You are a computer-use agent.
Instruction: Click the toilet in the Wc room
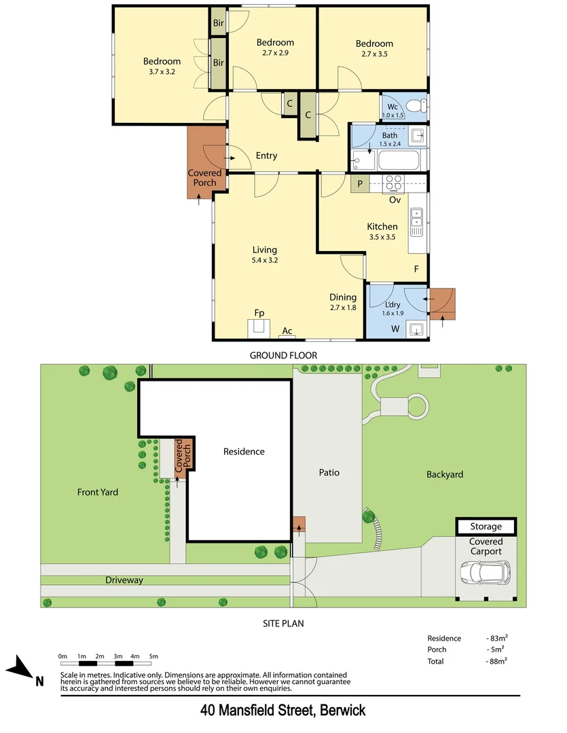pos(422,106)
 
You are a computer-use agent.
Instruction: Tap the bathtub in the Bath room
pos(399,161)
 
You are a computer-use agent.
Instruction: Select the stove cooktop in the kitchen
pos(394,182)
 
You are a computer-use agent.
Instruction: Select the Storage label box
pos(486,526)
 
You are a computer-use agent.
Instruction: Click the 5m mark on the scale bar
pos(153,656)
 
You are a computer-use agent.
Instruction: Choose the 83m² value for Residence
pos(498,639)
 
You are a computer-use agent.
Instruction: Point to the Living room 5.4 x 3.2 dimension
pos(265,259)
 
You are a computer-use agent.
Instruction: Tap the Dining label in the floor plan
pos(343,297)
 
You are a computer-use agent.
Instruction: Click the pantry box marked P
pos(359,184)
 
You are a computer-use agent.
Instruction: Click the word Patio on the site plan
pos(329,472)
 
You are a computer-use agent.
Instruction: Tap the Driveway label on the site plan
pos(124,580)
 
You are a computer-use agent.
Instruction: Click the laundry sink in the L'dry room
pos(417,330)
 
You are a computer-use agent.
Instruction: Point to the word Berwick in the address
pos(342,711)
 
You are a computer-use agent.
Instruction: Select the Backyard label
pos(445,474)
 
